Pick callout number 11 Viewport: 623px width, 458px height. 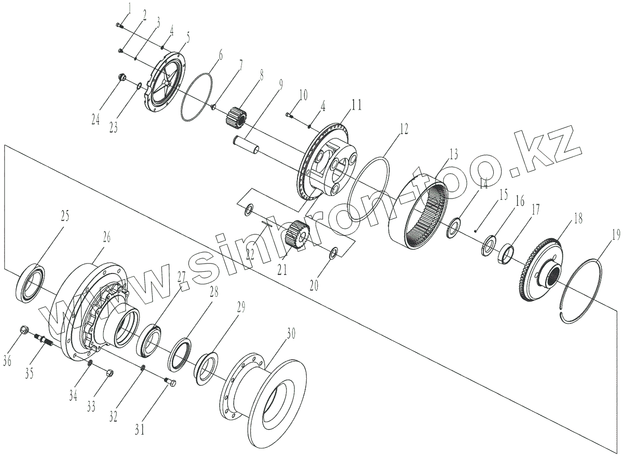(356, 106)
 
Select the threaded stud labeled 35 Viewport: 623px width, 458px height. (44, 341)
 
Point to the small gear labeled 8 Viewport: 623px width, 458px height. (236, 115)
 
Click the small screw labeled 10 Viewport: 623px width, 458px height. (291, 114)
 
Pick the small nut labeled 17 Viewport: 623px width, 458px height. (506, 254)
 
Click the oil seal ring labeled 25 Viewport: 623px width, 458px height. (31, 282)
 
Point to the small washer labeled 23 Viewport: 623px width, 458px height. (139, 86)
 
